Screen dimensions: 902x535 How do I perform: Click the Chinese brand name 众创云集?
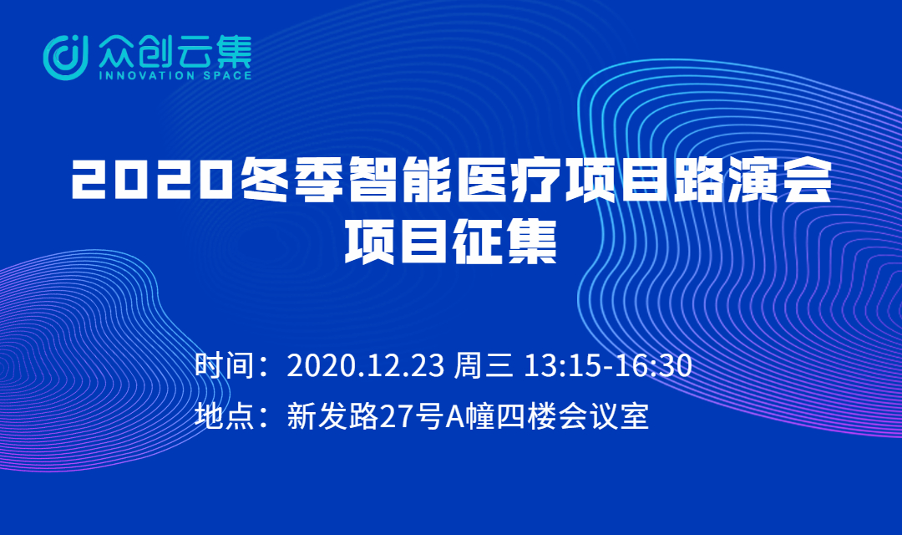(x=175, y=51)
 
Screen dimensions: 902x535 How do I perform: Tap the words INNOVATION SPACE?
(x=175, y=75)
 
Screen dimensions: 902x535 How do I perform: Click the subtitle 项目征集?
(x=450, y=241)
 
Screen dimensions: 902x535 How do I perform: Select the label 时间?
(x=225, y=365)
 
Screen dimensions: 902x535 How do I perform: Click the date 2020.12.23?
(x=365, y=365)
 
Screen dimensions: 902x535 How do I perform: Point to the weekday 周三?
(x=484, y=365)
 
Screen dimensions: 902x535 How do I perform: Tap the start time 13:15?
(x=562, y=365)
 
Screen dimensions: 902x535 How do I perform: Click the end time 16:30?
(x=653, y=365)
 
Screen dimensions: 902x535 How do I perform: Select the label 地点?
(x=225, y=415)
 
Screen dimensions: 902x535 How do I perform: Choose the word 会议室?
(x=604, y=415)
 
